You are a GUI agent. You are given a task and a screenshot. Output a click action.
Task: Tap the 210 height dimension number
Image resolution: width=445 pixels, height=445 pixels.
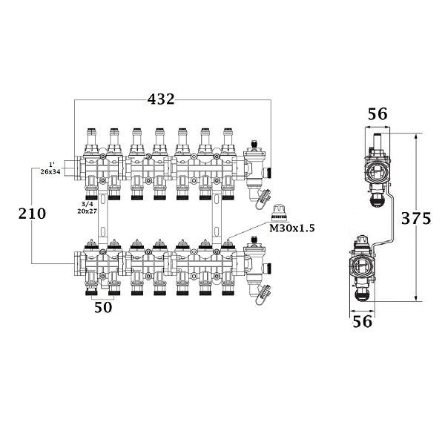pyautogui.click(x=33, y=214)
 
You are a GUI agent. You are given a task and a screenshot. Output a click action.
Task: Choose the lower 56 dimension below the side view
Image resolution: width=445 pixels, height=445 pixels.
pyautogui.click(x=363, y=321)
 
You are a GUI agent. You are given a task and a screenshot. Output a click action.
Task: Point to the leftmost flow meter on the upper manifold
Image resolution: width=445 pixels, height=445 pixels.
pyautogui.click(x=92, y=136)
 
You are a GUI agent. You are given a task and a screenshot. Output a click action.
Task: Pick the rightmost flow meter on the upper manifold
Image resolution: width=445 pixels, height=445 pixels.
pyautogui.click(x=228, y=136)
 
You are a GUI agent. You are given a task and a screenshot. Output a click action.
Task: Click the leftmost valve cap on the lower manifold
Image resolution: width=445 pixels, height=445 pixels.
pyautogui.click(x=92, y=243)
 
